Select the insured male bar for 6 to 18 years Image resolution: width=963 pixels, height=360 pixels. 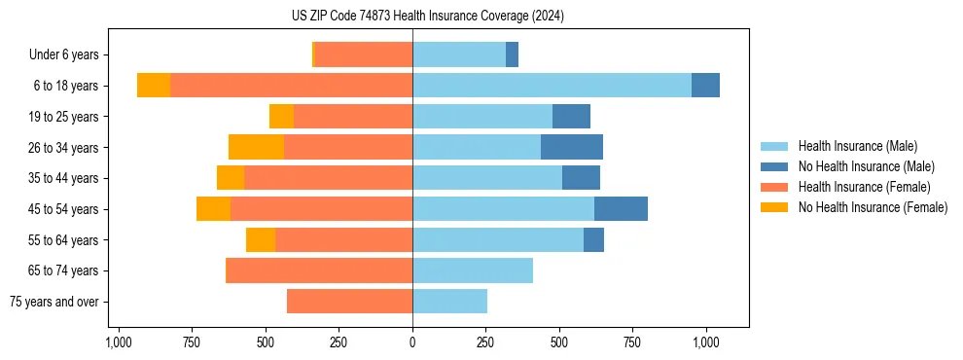[552, 86]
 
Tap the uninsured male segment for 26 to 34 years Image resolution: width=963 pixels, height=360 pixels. [572, 147]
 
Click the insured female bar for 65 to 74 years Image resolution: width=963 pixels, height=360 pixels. [319, 270]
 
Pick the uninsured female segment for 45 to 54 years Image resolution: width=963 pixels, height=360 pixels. [213, 209]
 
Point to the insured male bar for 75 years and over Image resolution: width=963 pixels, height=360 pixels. [449, 302]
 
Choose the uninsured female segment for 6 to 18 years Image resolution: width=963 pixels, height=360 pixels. [154, 86]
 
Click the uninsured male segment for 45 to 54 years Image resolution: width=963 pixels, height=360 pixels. [621, 209]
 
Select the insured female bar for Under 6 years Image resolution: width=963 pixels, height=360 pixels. [364, 54]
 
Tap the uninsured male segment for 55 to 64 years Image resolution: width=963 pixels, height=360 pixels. [593, 239]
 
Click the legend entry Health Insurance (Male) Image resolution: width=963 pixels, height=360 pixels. [857, 146]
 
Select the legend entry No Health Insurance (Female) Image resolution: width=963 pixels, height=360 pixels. [873, 207]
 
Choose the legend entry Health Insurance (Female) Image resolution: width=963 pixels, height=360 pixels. [864, 187]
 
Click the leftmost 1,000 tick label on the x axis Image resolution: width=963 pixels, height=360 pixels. [119, 342]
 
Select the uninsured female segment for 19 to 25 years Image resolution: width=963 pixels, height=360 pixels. [281, 117]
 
